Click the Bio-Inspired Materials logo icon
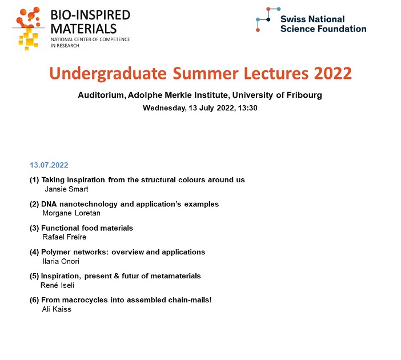28,28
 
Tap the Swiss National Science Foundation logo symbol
268,19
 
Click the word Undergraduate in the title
107,74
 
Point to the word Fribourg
304,95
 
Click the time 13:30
247,108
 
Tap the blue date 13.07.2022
49,165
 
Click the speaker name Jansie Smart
66,189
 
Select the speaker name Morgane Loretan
71,213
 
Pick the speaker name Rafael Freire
65,237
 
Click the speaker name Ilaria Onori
61,261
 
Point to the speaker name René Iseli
57,285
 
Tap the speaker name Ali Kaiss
57,309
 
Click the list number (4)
34,252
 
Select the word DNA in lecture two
49,204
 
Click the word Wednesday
165,108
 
